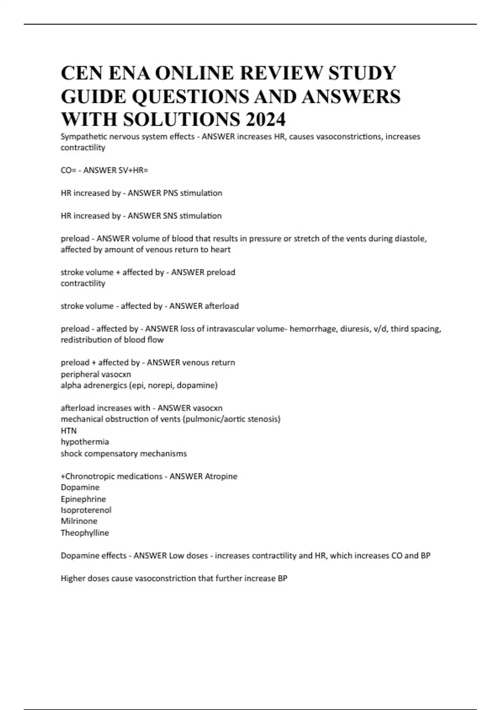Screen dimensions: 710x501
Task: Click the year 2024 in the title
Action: pos(266,119)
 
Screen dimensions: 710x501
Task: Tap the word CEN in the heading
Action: pos(81,73)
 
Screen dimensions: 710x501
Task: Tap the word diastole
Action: pos(411,238)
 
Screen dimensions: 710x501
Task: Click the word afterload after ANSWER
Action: pos(221,306)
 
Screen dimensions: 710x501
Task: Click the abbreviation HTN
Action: pos(68,431)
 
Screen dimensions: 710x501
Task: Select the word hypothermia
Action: pos(85,442)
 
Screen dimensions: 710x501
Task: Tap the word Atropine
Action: pos(221,476)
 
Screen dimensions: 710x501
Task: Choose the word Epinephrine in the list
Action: pos(83,499)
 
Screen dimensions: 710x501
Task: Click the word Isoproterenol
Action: pos(86,510)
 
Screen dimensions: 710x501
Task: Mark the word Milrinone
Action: pos(79,521)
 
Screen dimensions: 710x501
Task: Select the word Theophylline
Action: pos(85,533)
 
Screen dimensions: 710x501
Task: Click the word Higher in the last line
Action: pos(73,578)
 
